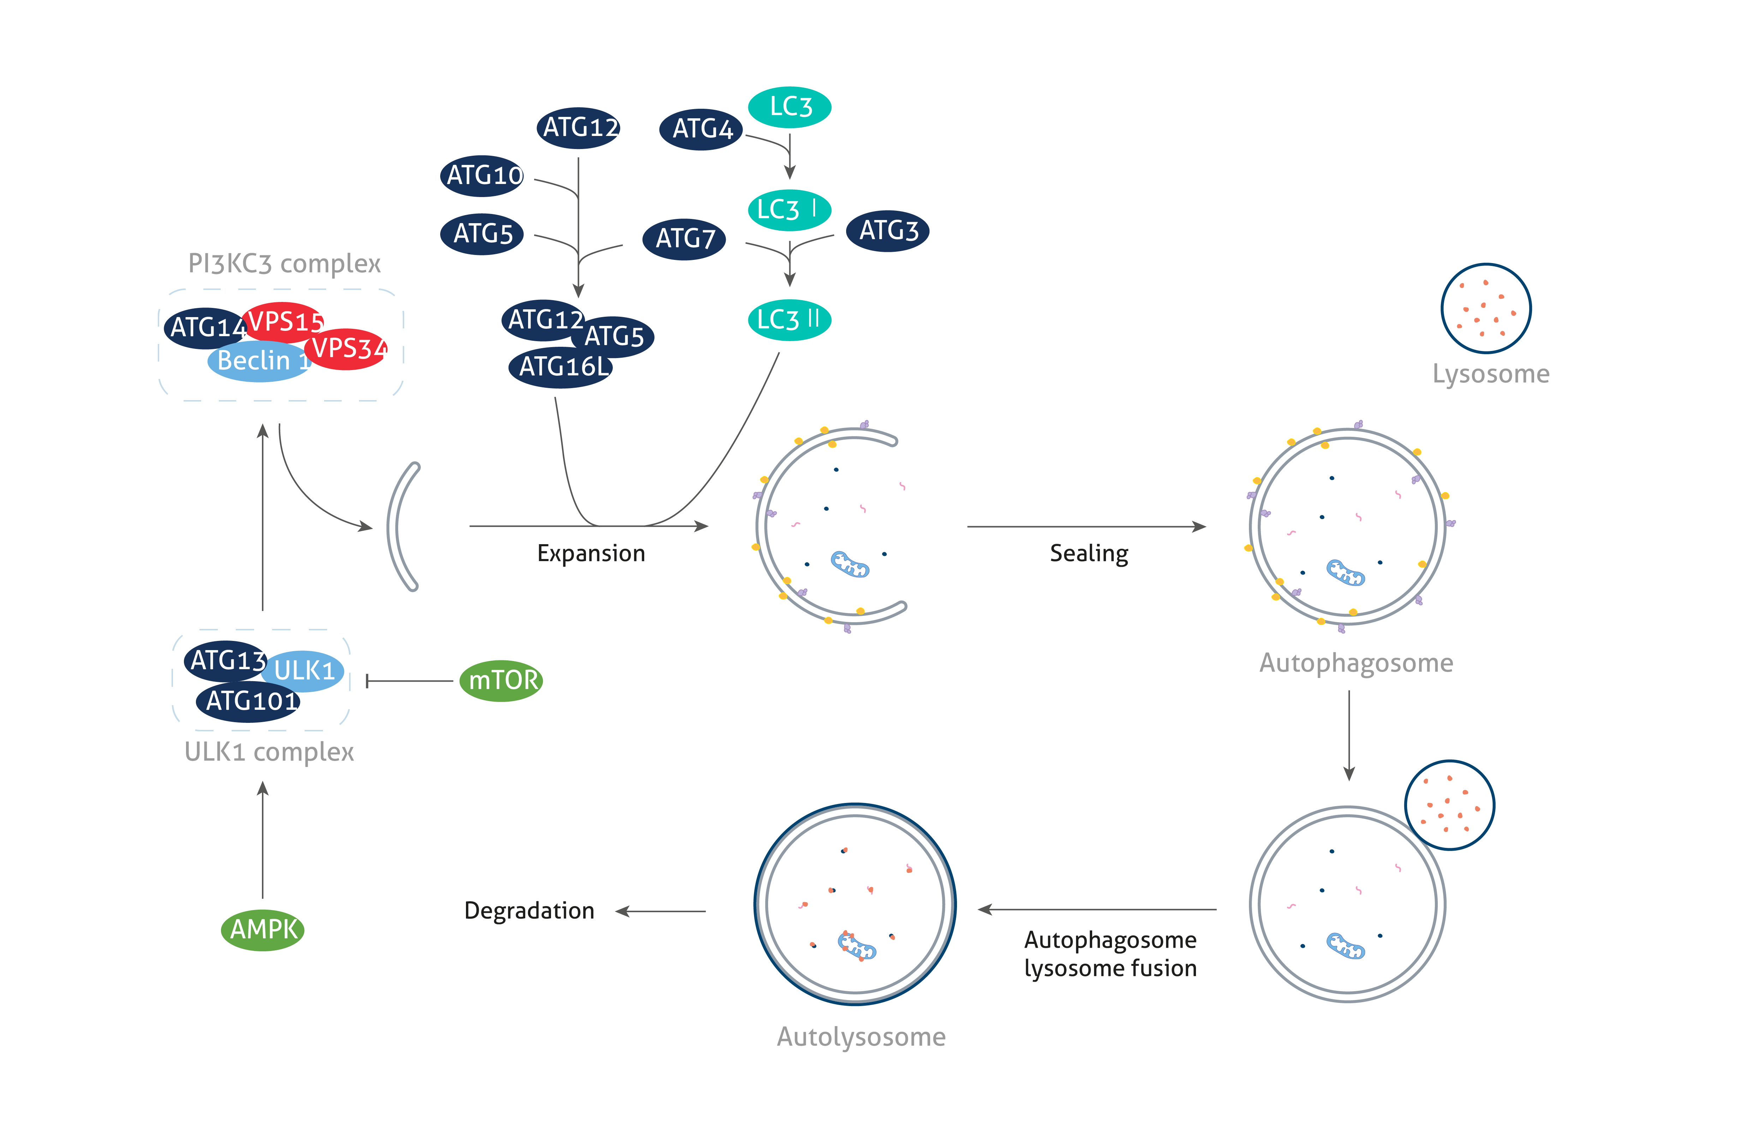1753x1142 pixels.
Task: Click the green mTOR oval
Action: (501, 680)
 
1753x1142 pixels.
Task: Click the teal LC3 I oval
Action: (790, 210)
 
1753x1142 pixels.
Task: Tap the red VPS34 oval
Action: (346, 349)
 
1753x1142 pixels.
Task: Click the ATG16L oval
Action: (561, 367)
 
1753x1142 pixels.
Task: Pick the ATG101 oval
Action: (249, 701)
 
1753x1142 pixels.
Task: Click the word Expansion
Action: (591, 553)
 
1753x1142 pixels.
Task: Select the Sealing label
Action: (1089, 553)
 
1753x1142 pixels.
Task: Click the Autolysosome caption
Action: (861, 1037)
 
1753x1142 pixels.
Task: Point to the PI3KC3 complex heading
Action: (284, 264)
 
